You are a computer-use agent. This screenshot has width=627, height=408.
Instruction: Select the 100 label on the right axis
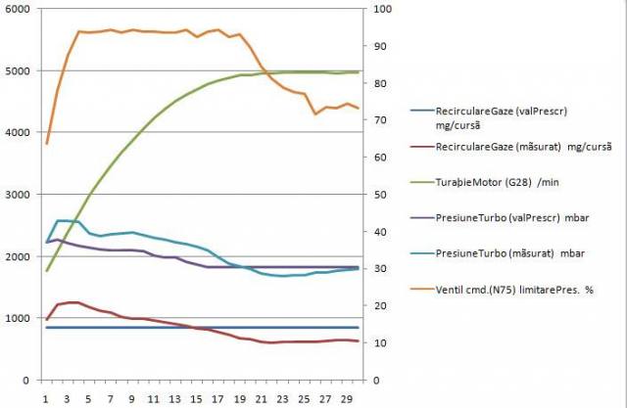coord(378,9)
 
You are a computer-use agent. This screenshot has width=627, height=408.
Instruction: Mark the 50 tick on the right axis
coord(375,195)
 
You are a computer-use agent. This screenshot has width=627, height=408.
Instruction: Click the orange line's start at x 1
coord(46,144)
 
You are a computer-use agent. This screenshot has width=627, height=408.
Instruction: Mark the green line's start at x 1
coord(46,271)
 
